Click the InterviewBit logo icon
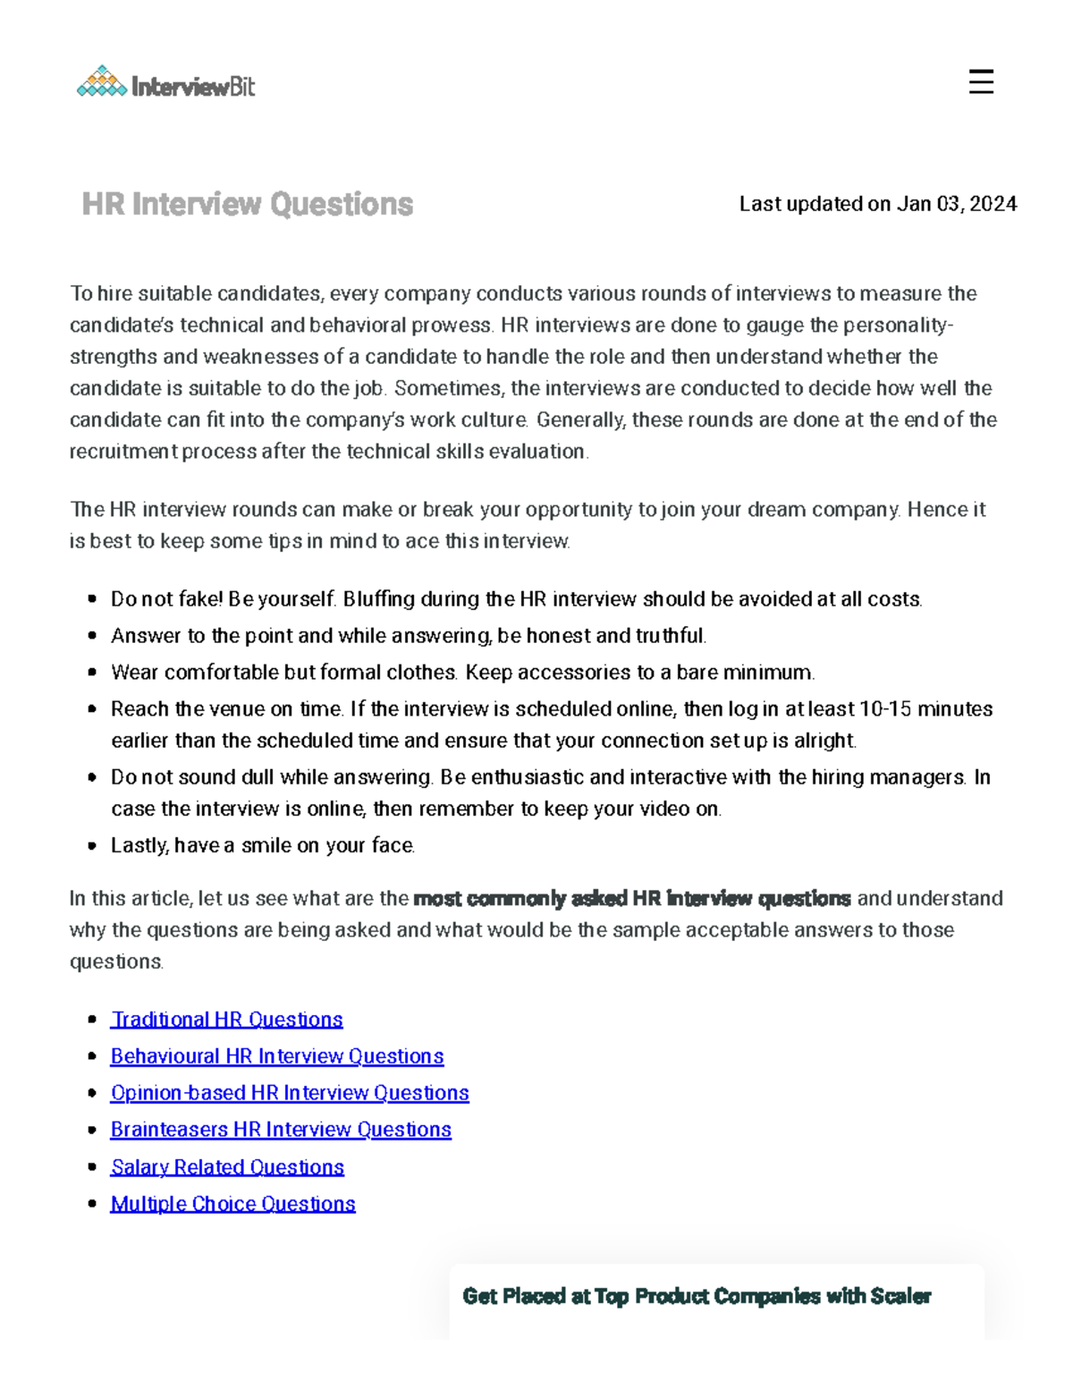click(102, 82)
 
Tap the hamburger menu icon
click(981, 82)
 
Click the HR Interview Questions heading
click(247, 204)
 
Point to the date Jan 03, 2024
click(957, 204)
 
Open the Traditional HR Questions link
click(226, 1020)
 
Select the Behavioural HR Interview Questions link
click(276, 1056)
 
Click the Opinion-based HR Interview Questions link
click(290, 1093)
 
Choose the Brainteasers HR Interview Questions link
click(281, 1130)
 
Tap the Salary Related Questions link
click(227, 1167)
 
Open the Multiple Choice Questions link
click(232, 1204)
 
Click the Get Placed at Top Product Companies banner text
click(697, 1296)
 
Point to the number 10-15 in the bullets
click(885, 709)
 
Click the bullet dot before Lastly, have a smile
click(92, 845)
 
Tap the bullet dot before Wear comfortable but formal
click(92, 673)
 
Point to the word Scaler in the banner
click(900, 1296)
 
